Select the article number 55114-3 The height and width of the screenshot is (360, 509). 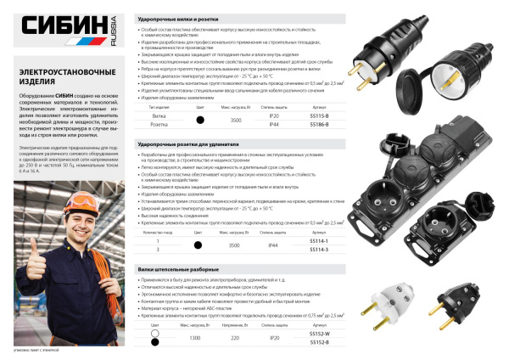click(x=319, y=250)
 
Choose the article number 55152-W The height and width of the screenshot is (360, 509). click(x=319, y=335)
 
